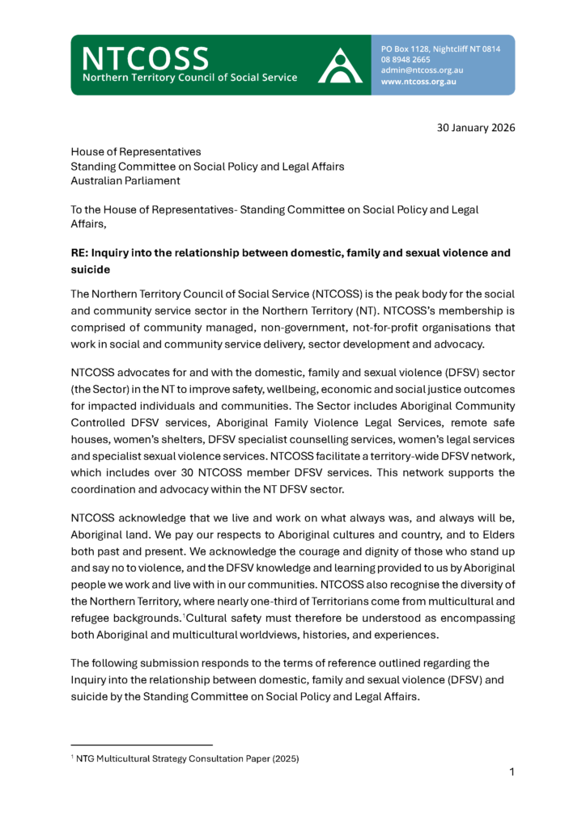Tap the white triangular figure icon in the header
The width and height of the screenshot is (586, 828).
point(340,65)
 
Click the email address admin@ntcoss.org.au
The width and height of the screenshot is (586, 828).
point(422,70)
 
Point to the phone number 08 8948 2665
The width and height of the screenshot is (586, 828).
point(405,59)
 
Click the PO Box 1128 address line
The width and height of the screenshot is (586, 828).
point(440,49)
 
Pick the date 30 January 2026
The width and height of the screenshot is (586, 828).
point(477,128)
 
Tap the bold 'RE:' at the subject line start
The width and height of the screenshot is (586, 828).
point(82,252)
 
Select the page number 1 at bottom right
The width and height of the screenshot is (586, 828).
point(512,772)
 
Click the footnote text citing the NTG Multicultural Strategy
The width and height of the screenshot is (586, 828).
point(186,758)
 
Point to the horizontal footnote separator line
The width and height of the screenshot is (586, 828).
point(142,744)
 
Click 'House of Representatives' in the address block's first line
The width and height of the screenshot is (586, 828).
point(136,151)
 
